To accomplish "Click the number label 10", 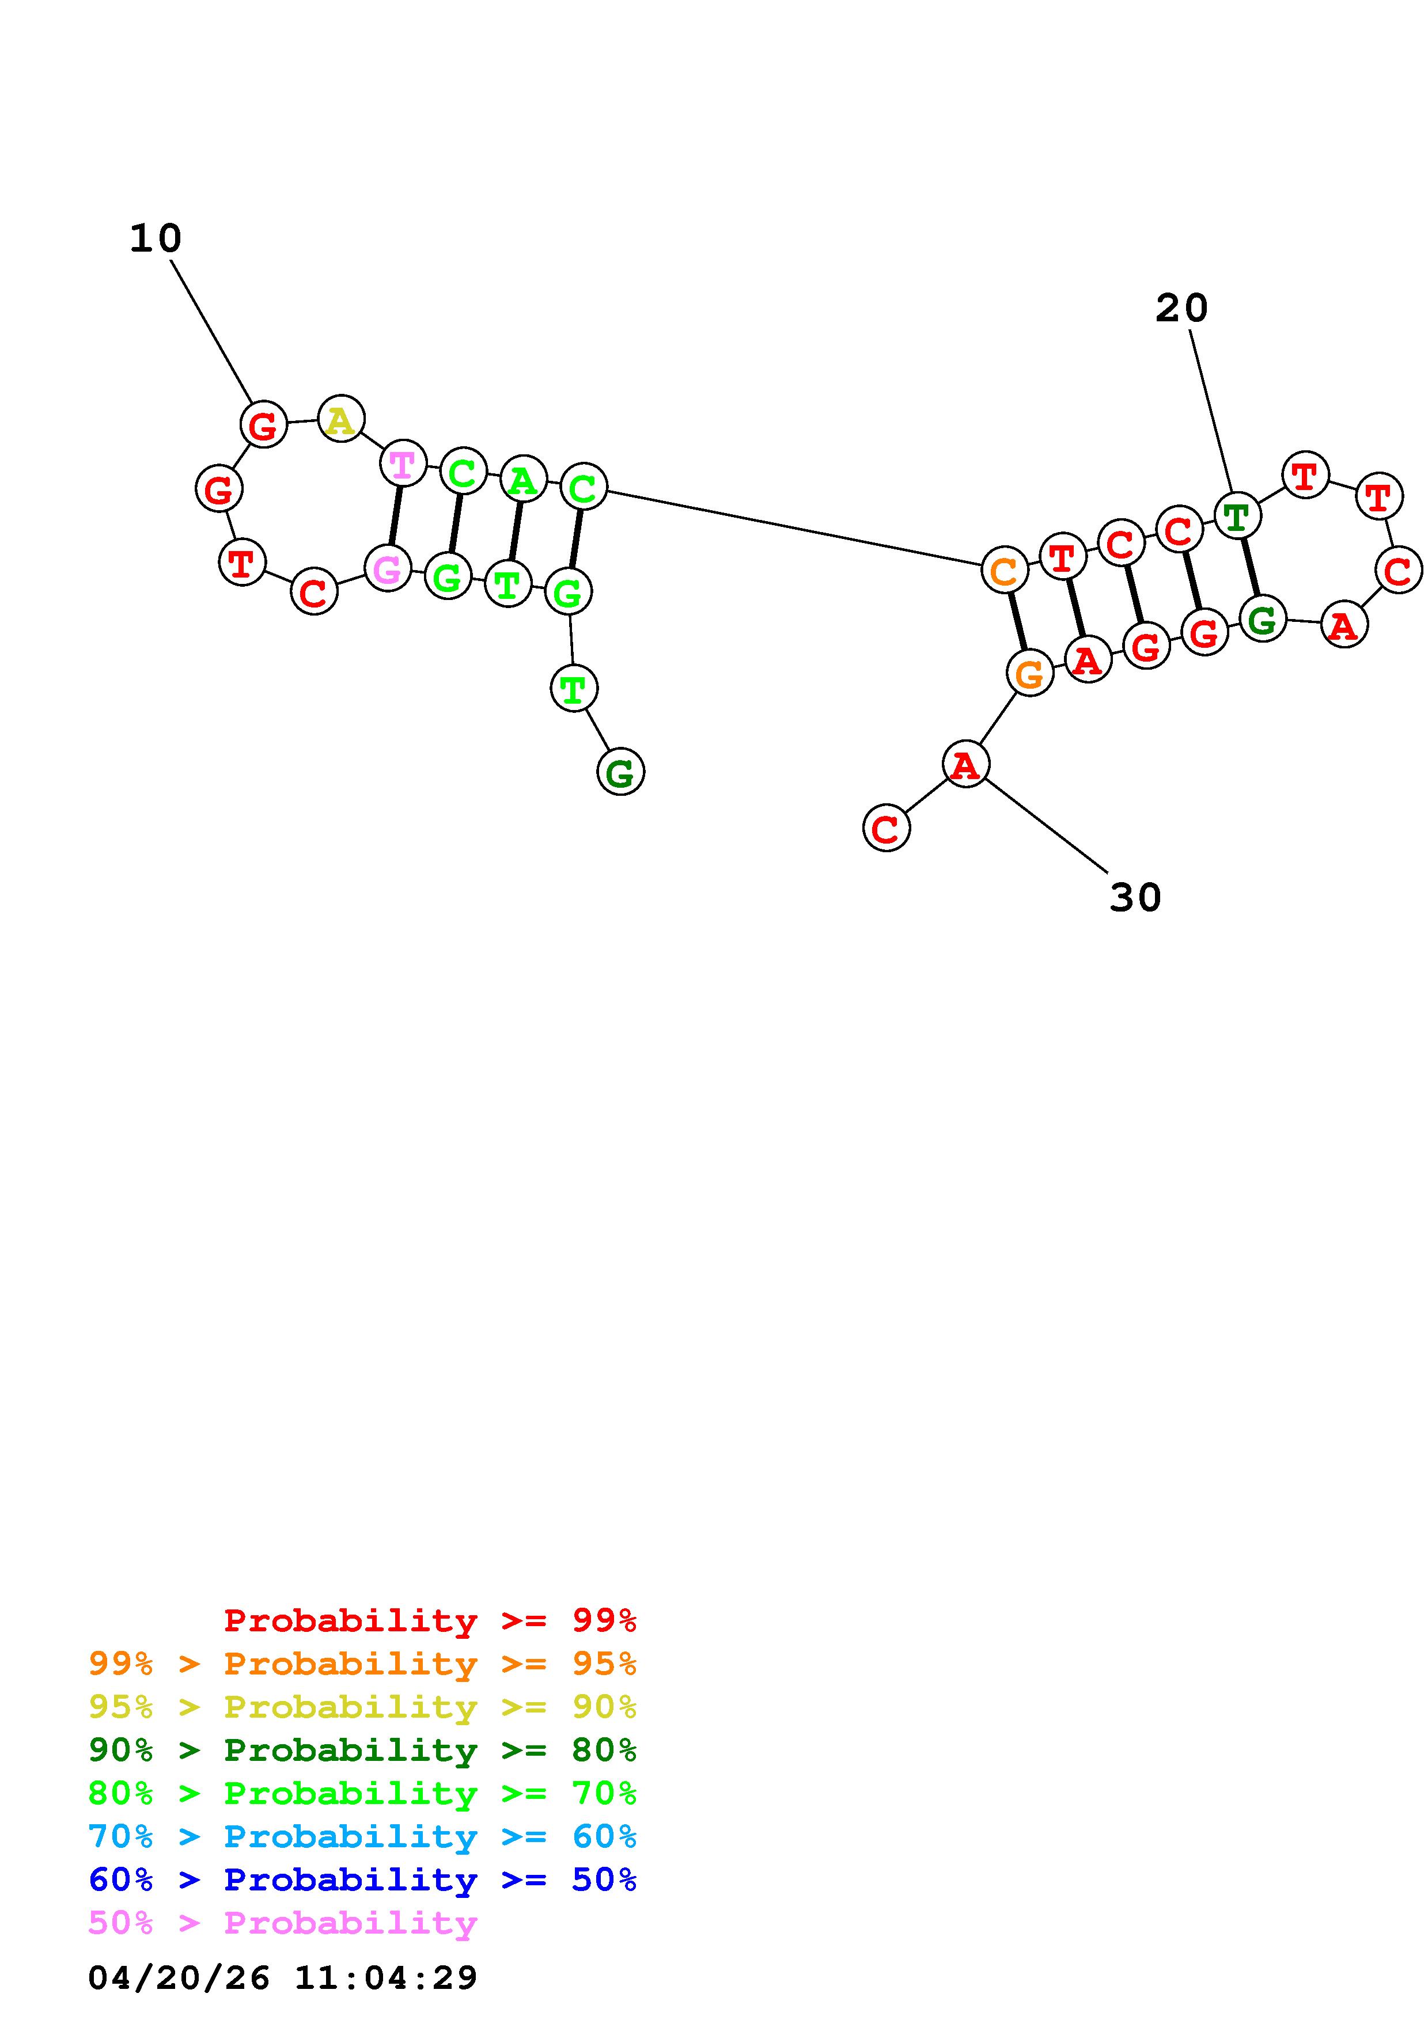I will [x=155, y=238].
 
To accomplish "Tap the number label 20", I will [x=1181, y=309].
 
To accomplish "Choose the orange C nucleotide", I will [x=1004, y=571].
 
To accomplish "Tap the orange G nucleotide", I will [x=1029, y=674].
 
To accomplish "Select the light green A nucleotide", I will [x=522, y=480].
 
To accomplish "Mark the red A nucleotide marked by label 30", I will [x=965, y=765].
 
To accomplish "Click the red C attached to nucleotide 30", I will [x=886, y=828].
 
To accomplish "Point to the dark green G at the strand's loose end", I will [x=620, y=772].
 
